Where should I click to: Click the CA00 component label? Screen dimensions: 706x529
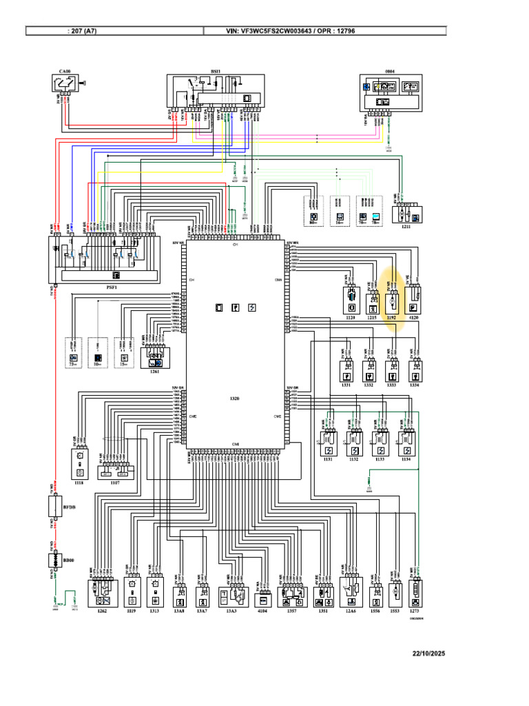[64, 71]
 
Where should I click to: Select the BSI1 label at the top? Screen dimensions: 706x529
[215, 71]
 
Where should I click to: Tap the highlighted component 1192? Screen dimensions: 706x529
[392, 302]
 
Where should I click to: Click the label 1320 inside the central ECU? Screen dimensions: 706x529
[235, 399]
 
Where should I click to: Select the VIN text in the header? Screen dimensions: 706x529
[300, 31]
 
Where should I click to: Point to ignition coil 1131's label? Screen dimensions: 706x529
[327, 459]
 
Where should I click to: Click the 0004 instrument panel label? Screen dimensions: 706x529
[389, 71]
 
